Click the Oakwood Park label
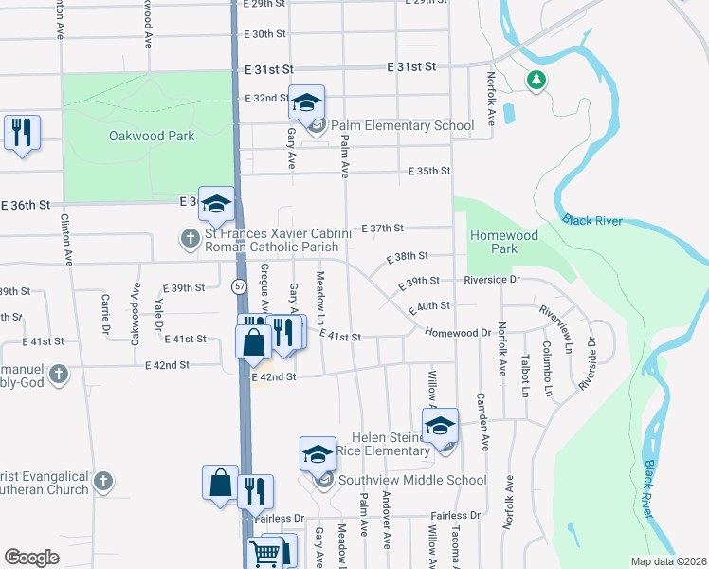(151, 136)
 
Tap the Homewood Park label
(504, 242)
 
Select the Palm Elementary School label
(401, 125)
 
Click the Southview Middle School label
(413, 480)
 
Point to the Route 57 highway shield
(241, 286)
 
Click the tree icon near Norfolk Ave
(536, 80)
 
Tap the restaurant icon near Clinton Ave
(22, 132)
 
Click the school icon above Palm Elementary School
(306, 101)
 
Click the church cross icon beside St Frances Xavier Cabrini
(190, 237)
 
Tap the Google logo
(31, 558)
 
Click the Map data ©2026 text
(669, 561)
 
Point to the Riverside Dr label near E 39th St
(492, 280)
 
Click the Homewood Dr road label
(458, 333)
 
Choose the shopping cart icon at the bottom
(264, 552)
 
